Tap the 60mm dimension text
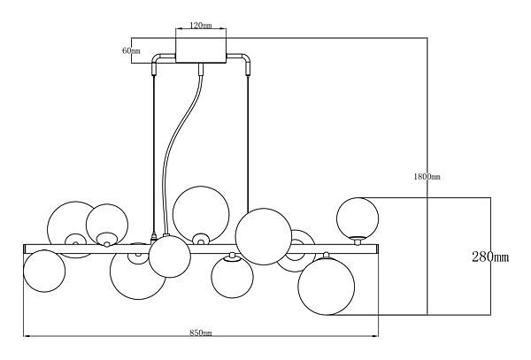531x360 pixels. pos(131,51)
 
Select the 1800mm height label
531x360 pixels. pos(427,177)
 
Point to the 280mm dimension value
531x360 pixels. pos(489,257)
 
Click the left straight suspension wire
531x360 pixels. pos(156,150)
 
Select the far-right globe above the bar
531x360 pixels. pos(358,217)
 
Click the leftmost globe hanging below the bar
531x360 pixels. pos(43,272)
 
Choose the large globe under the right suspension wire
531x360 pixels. pos(264,237)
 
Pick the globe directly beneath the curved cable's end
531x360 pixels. pos(169,257)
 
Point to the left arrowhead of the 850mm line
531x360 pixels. pos(27,336)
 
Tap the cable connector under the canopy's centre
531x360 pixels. pos(201,68)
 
